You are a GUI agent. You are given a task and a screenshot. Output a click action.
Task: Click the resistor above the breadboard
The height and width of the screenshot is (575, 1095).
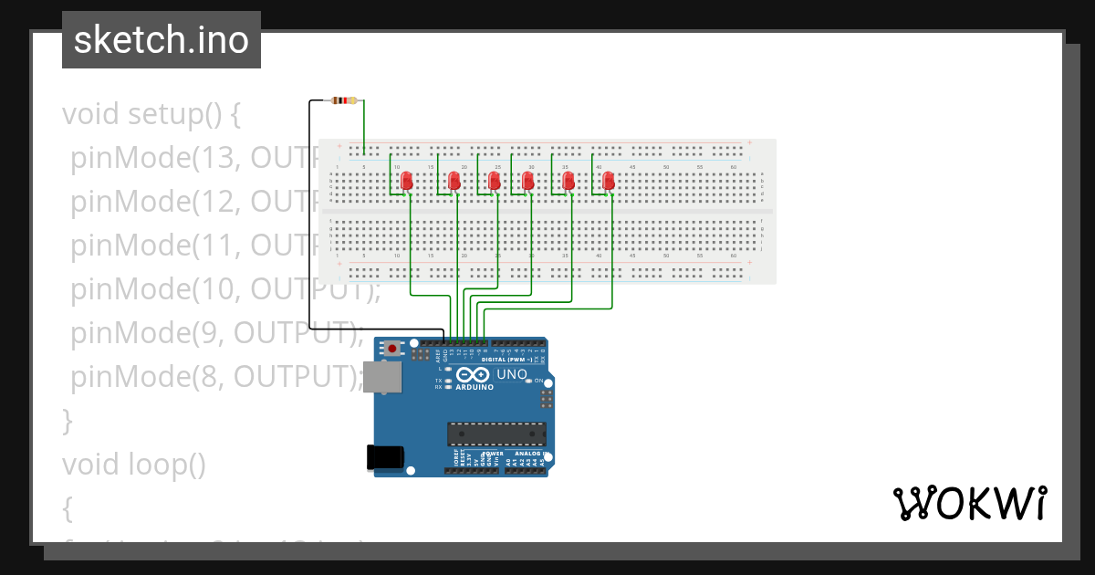pyautogui.click(x=345, y=100)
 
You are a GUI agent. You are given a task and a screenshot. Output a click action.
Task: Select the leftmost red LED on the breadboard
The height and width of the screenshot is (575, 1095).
pyautogui.click(x=408, y=181)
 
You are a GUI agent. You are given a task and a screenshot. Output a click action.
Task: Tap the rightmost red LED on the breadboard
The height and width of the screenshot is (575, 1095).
pyautogui.click(x=609, y=181)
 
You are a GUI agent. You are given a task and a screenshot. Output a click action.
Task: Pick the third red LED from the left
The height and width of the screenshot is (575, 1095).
pyautogui.click(x=495, y=181)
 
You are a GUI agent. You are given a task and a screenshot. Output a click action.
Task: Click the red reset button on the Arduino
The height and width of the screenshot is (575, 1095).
pyautogui.click(x=392, y=349)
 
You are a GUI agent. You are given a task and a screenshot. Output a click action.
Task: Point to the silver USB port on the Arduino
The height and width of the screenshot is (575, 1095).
pyautogui.click(x=381, y=377)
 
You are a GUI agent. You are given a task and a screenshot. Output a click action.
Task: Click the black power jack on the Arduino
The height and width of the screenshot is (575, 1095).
pyautogui.click(x=384, y=457)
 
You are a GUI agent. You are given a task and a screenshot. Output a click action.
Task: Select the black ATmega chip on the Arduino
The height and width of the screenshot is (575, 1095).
pyautogui.click(x=496, y=436)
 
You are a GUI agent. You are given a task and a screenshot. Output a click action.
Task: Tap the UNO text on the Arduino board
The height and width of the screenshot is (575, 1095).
pyautogui.click(x=511, y=374)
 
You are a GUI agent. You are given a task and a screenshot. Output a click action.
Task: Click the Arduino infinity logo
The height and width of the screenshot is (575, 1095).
pyautogui.click(x=474, y=375)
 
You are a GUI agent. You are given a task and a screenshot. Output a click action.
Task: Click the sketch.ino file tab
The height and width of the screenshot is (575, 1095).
pyautogui.click(x=162, y=40)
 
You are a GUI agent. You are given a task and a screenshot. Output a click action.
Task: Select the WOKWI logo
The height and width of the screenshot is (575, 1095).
pyautogui.click(x=969, y=503)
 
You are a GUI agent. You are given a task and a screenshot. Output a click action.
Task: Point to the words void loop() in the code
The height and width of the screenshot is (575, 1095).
pyautogui.click(x=134, y=465)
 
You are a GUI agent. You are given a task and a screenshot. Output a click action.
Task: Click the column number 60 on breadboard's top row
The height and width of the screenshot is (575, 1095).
pyautogui.click(x=734, y=167)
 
